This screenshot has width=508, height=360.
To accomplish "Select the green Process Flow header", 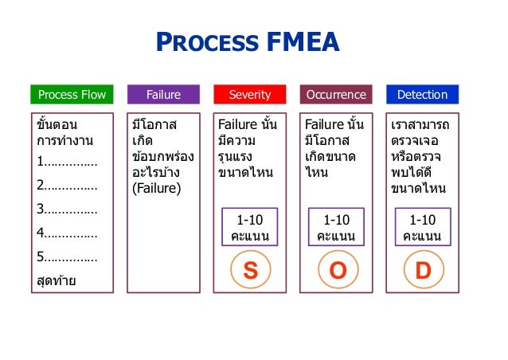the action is coord(72,94).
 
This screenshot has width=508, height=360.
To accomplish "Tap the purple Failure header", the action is coord(163,94).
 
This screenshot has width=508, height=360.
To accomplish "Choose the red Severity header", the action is coord(250,94).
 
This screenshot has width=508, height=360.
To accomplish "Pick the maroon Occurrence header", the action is coord(337,94).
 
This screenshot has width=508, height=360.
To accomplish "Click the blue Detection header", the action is coord(423,94).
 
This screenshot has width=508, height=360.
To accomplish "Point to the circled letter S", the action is coord(250,270).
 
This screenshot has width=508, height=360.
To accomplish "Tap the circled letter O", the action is coord(337,270).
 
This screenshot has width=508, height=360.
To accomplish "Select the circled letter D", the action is coord(423,270).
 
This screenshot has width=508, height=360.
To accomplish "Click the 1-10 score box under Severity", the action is coord(250,227).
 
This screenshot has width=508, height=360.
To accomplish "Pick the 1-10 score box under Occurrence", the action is coord(337,227).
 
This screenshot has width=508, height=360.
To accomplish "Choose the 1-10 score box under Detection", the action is coord(423,227).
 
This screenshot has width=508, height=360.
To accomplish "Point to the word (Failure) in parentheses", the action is coord(157,188).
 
